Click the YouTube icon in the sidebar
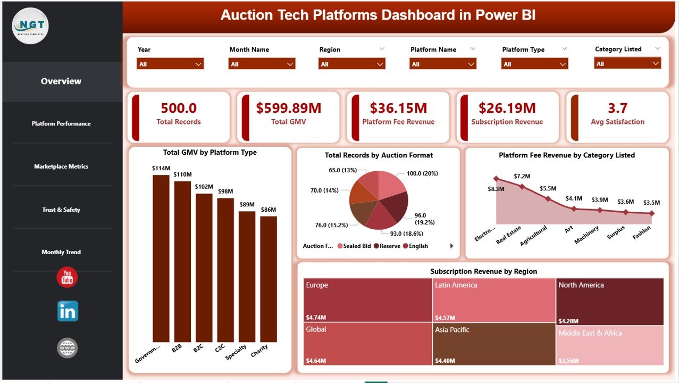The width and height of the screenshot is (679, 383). point(67,277)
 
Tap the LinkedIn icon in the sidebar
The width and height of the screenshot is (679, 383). point(68,311)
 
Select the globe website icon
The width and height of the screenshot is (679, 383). point(68,348)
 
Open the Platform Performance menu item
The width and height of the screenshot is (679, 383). point(61,123)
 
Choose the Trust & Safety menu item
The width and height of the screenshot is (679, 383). point(61,210)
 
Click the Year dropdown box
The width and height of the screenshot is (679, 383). point(170,64)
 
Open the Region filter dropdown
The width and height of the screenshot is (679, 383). point(351,64)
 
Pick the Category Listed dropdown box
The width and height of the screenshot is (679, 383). point(627,63)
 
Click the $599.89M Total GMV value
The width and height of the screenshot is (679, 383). point(288,109)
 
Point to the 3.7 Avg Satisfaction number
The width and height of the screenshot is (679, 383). point(617,109)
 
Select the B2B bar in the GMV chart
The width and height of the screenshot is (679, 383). point(182,261)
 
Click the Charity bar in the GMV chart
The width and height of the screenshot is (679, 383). point(269,278)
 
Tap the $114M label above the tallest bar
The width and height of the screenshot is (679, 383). point(161,168)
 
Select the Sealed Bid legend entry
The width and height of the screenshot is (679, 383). point(355,246)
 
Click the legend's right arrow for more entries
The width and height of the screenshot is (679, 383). point(452,246)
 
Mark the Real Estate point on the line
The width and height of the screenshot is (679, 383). point(522,187)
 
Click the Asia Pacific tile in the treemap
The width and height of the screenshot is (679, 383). point(493,344)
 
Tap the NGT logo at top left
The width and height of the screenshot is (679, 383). point(30,26)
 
